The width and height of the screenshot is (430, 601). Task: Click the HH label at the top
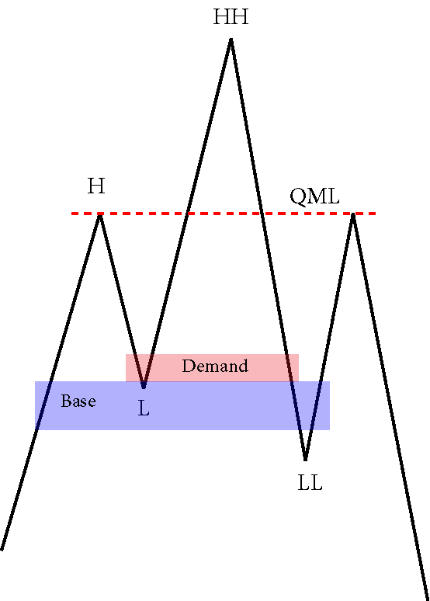point(231,17)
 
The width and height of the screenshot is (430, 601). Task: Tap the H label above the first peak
point(96,186)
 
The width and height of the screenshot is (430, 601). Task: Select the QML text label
point(314,196)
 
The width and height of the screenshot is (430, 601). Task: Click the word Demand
point(215,366)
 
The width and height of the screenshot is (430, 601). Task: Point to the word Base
point(78,401)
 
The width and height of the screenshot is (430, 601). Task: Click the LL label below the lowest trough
point(310,483)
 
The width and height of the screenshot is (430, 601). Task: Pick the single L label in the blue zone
point(144,409)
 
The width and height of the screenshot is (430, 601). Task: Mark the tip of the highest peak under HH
point(231,39)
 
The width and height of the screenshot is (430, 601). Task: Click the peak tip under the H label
point(99,216)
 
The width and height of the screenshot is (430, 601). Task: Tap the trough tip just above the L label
point(144,387)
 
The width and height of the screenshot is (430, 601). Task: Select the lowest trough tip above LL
point(305,458)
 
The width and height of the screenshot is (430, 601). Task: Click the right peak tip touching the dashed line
point(353,214)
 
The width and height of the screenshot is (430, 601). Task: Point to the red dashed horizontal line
point(224,214)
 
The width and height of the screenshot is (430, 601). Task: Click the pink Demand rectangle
point(213,367)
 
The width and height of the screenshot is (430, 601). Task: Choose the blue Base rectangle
point(182,405)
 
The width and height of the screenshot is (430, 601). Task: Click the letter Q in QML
point(296,197)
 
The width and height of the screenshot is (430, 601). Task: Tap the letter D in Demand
point(188,366)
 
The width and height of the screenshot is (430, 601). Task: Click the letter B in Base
point(66,401)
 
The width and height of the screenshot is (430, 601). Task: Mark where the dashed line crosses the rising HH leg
point(186,214)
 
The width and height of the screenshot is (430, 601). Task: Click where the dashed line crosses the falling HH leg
point(262,214)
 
